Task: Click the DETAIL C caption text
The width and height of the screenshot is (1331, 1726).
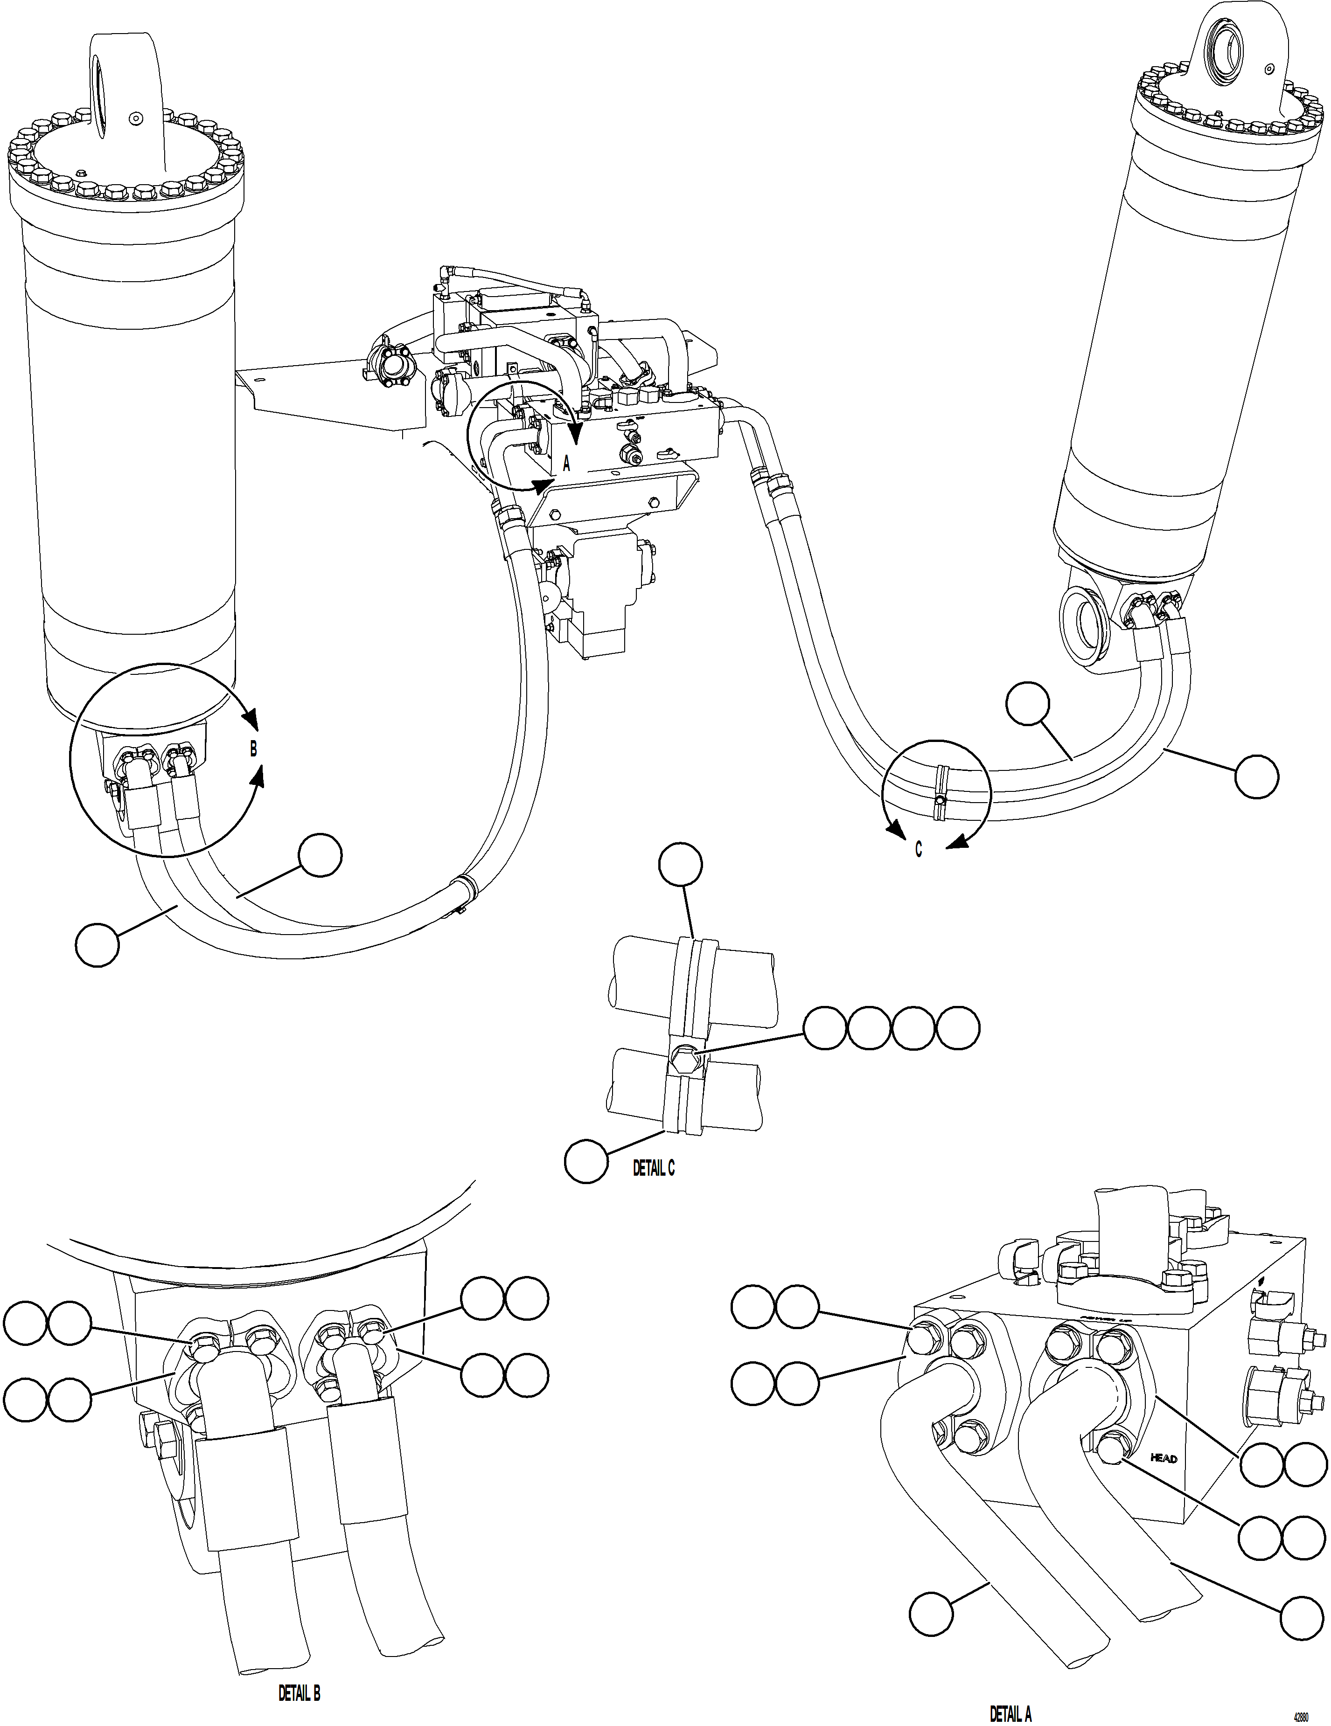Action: coord(654,1168)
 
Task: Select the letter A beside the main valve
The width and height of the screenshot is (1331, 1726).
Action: coord(566,464)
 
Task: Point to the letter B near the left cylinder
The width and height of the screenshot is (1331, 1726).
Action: coord(253,749)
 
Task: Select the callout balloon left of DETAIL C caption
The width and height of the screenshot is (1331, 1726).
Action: coord(585,1161)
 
